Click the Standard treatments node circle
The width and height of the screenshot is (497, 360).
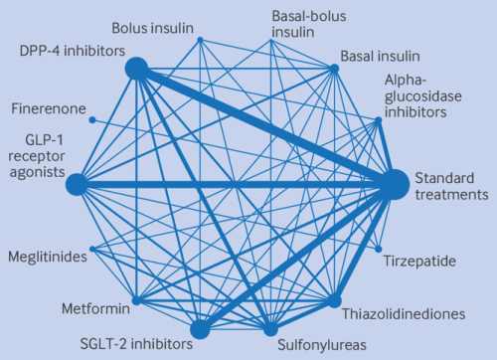(394, 184)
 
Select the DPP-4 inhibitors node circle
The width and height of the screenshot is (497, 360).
(136, 69)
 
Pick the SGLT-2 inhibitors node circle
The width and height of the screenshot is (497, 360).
(200, 329)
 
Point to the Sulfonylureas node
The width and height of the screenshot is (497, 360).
(268, 329)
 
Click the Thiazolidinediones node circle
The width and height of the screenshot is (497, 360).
(335, 300)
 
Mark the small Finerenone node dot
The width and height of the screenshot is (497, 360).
(92, 120)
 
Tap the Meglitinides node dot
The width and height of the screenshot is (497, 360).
(91, 249)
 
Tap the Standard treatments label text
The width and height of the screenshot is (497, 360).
(450, 185)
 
